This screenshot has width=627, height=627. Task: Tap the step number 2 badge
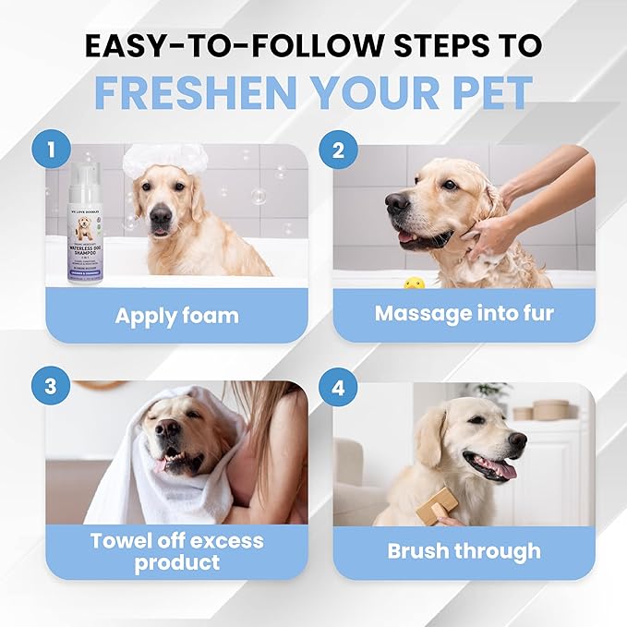338,148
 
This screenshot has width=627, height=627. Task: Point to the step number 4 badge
338,386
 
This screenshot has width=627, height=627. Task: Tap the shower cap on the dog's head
166,158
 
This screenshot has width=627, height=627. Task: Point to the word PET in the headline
486,92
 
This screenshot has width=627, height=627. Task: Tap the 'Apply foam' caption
176,316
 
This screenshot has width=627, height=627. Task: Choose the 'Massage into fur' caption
464,314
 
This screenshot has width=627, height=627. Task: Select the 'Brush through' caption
464,552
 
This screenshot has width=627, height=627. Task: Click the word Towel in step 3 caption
123,541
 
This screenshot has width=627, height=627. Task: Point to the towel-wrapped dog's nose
167,428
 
